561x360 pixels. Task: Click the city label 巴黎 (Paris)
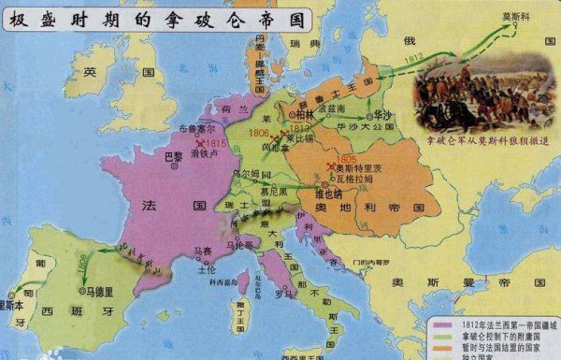(x=173, y=154)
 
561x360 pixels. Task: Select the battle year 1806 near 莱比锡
(x=261, y=134)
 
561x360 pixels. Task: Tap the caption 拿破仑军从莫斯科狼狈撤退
(x=486, y=140)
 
